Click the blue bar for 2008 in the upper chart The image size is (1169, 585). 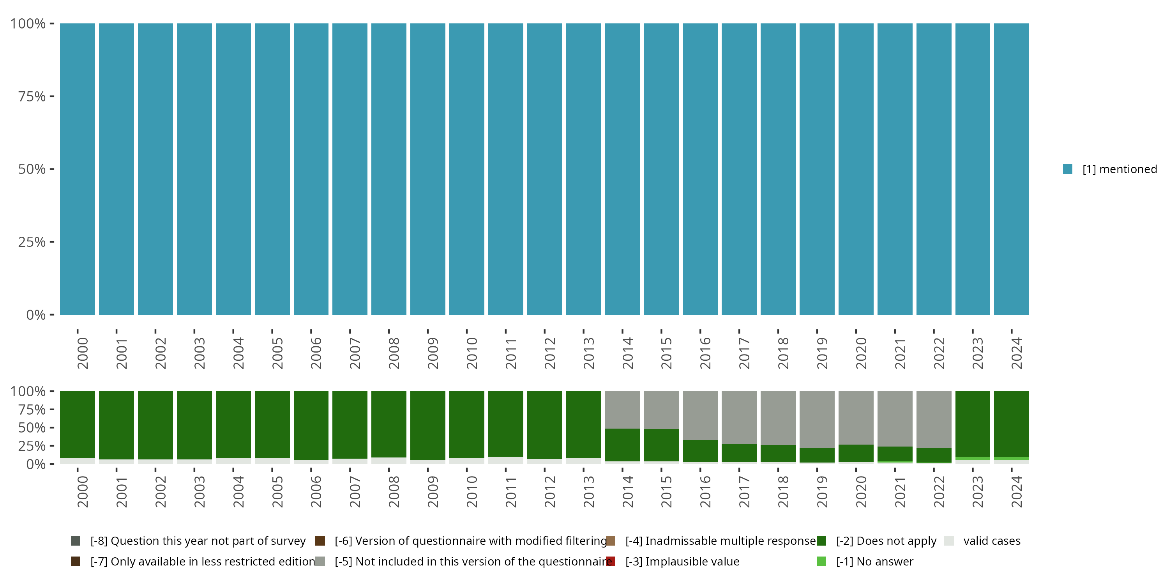tap(388, 169)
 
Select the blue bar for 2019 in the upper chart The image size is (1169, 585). tap(817, 169)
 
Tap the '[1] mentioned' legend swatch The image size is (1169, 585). tap(1067, 169)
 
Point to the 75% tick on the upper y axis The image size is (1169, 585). tap(52, 96)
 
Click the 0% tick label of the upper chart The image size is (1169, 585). tap(35, 315)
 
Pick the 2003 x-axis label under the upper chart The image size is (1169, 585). tap(199, 353)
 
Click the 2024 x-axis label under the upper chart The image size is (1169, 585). tap(1017, 353)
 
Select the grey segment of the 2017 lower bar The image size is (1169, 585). tap(739, 417)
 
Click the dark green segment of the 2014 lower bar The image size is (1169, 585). tap(622, 445)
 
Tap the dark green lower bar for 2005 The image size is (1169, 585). tap(272, 424)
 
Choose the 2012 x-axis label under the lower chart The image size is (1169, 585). tap(549, 491)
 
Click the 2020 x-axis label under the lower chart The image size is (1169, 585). tap(861, 491)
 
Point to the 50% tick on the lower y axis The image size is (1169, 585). tap(52, 427)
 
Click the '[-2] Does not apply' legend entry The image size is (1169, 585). tap(886, 541)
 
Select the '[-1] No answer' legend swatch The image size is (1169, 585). tap(821, 561)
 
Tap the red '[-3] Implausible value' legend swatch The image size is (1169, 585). tap(611, 561)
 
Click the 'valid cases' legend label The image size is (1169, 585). tap(992, 541)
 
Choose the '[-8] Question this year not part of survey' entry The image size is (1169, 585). tap(198, 541)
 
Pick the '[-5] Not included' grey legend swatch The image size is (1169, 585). tap(320, 561)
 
